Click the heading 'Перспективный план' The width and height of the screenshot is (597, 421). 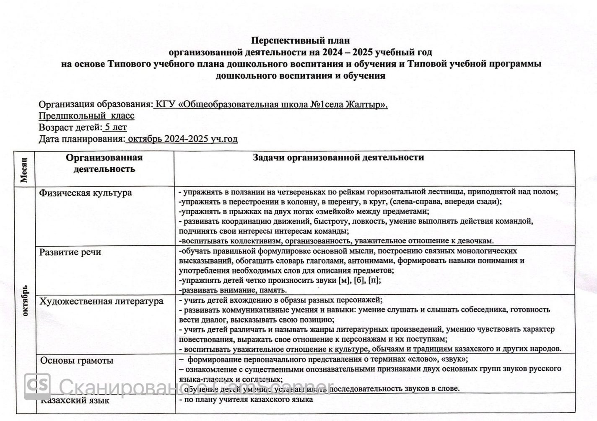[x=300, y=41]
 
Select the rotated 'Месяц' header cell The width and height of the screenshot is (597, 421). [x=24, y=169]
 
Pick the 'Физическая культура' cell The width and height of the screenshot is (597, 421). [x=86, y=193]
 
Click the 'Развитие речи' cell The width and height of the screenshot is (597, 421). [x=70, y=252]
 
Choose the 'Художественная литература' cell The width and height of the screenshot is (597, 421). [x=101, y=301]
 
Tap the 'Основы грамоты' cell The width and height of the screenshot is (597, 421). [x=76, y=361]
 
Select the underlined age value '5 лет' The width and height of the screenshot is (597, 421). [x=116, y=127]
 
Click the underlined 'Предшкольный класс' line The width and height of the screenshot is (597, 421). [x=87, y=116]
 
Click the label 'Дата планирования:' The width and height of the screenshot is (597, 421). [x=82, y=139]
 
